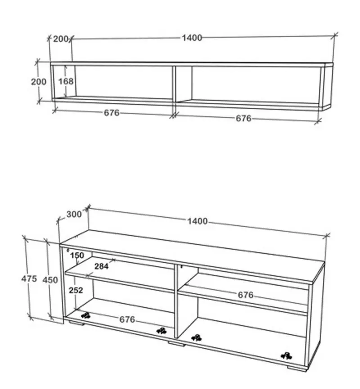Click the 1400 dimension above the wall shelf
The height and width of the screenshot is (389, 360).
point(192,38)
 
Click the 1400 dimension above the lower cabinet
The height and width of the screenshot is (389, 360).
point(197,221)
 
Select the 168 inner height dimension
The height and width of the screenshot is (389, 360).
point(66,81)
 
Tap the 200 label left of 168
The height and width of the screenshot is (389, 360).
point(39,81)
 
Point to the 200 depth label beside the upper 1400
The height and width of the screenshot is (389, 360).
point(61,39)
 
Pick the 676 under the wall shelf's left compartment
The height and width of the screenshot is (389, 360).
point(112,113)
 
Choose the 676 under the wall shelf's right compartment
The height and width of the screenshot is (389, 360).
point(243,118)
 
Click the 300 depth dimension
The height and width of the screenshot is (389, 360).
point(74,214)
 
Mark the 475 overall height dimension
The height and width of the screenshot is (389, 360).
point(29,279)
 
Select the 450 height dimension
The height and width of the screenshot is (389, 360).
point(50,280)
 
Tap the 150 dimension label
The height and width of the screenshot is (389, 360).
point(77,255)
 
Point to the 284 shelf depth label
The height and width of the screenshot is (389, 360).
point(101,266)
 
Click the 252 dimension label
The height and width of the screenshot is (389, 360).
point(76,290)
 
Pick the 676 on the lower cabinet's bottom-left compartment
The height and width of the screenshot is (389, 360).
point(127,319)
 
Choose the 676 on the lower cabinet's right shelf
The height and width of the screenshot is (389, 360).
point(245,295)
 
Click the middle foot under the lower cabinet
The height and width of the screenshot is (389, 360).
point(176,344)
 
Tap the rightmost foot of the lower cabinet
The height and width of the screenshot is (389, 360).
point(297,368)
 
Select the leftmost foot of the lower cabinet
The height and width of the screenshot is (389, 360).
point(76,323)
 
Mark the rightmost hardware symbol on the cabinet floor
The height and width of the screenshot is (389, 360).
point(286,356)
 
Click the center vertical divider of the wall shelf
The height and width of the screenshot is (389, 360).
point(174,84)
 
